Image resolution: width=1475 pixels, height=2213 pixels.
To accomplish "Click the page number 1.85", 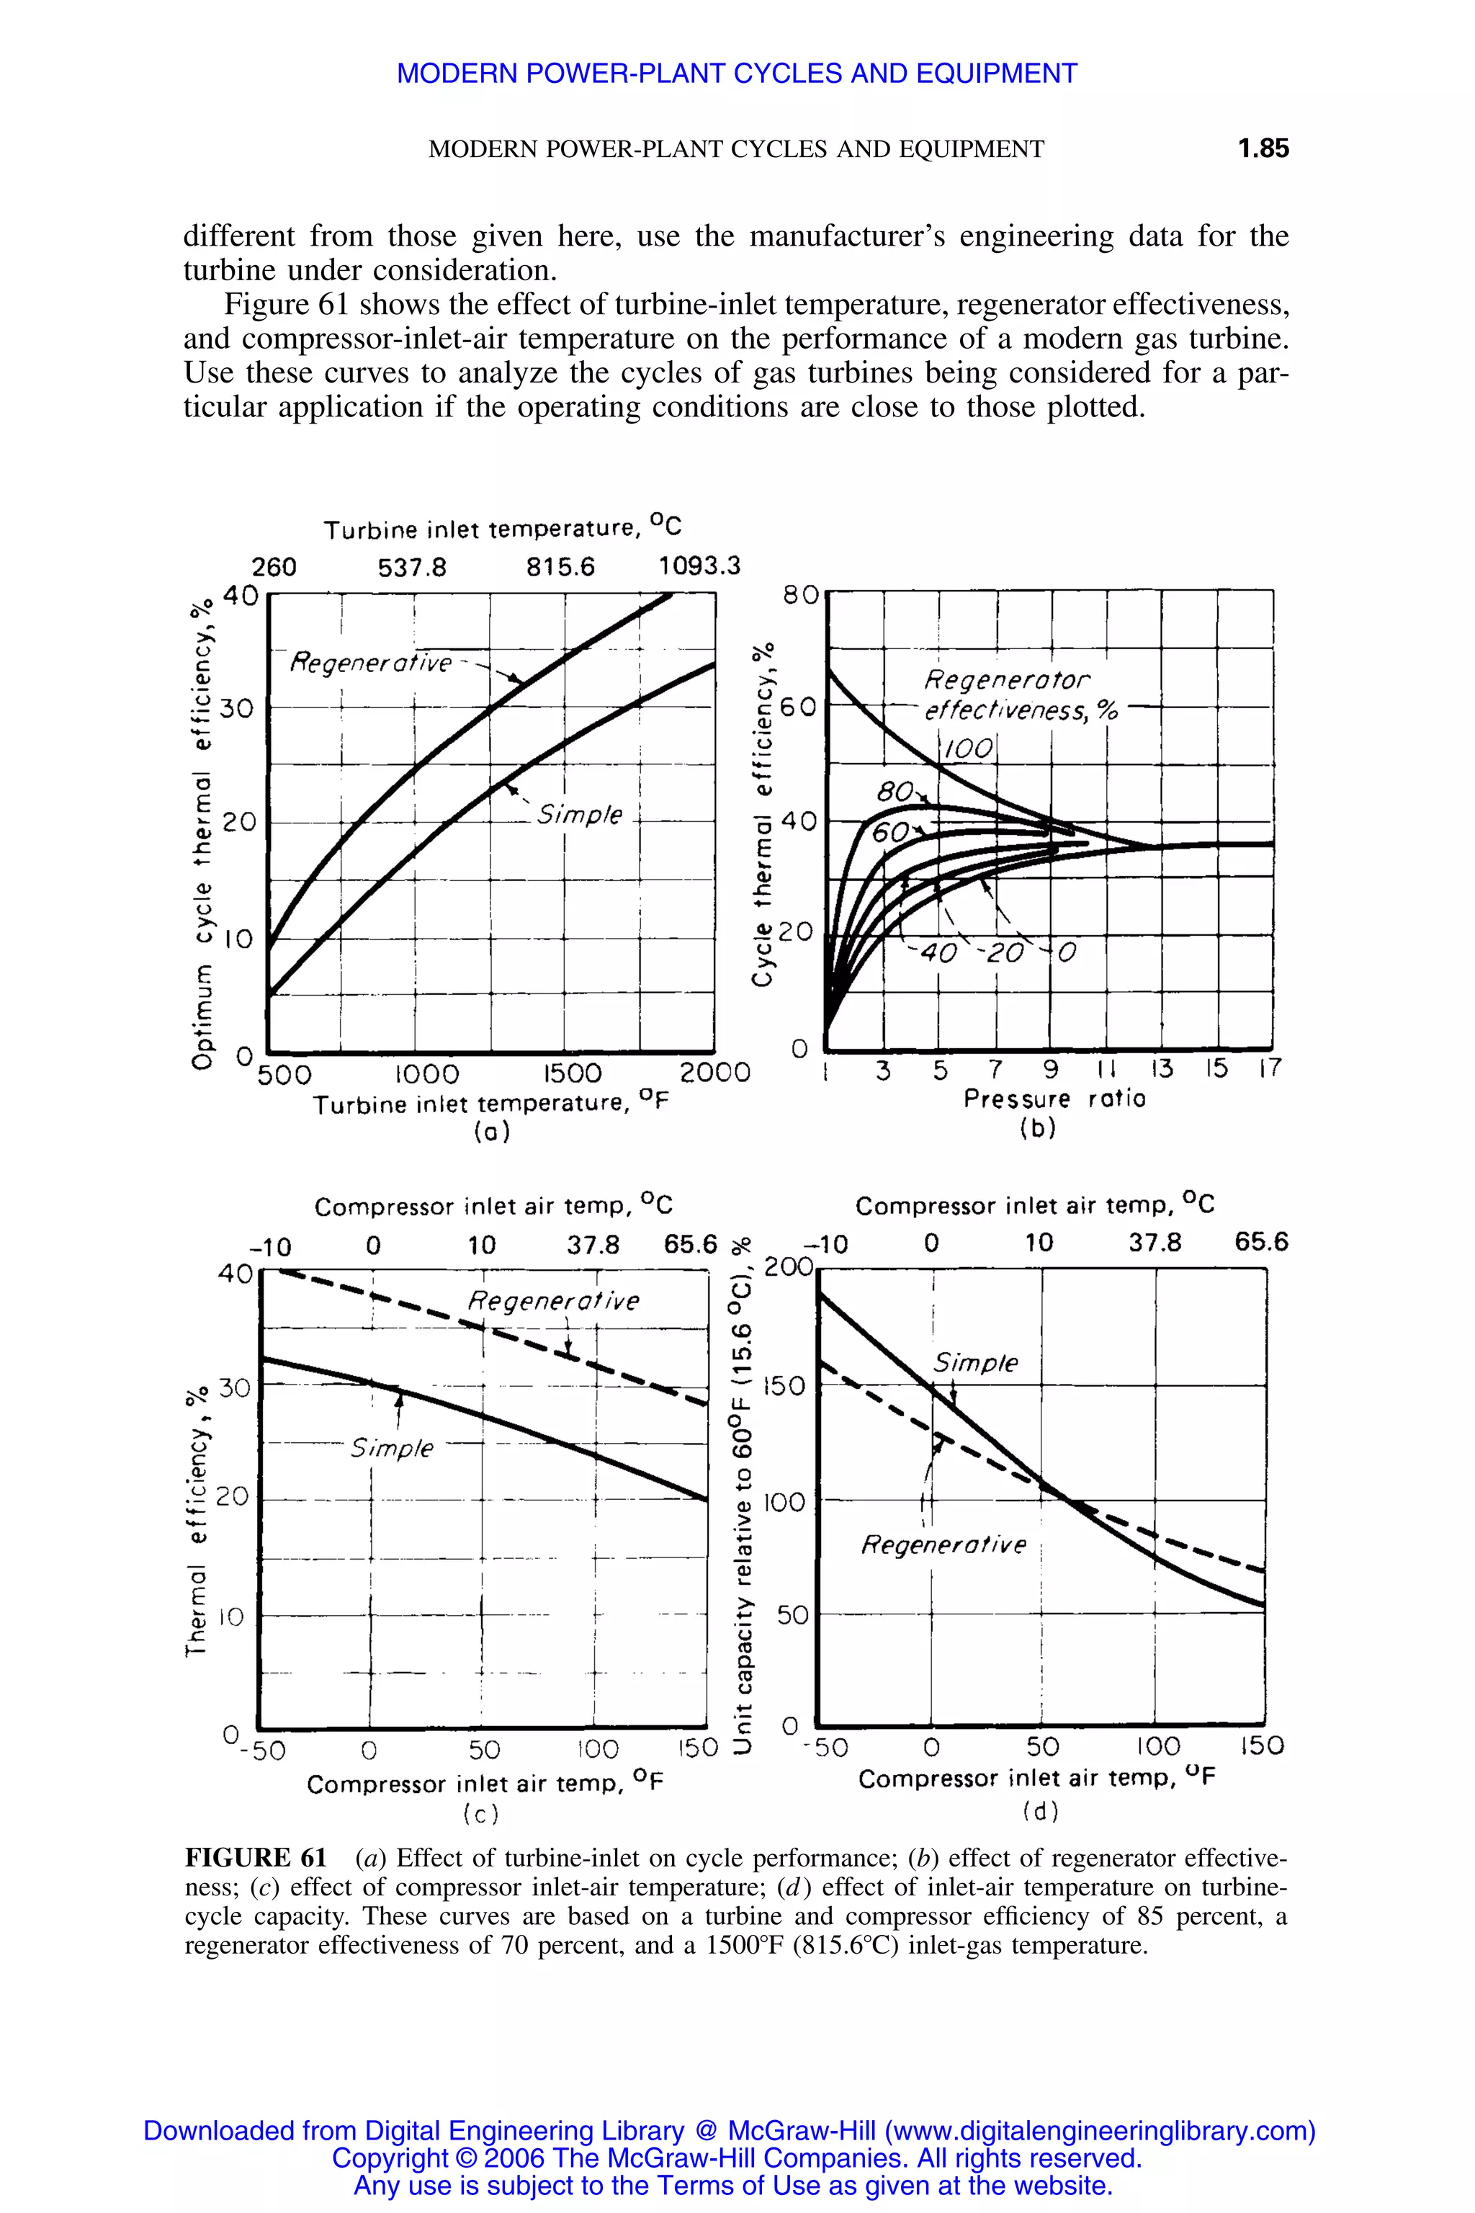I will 1263,148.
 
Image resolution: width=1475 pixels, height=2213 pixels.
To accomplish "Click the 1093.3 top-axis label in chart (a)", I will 699,565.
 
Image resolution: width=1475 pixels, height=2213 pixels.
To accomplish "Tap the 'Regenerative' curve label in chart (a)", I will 371,663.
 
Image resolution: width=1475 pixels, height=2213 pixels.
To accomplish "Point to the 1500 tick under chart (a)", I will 572,1073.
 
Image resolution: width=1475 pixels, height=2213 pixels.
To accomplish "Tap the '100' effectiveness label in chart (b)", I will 967,749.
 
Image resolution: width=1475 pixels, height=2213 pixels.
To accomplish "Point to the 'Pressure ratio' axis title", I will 1054,1099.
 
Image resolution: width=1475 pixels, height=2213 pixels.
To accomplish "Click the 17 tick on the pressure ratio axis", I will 1270,1069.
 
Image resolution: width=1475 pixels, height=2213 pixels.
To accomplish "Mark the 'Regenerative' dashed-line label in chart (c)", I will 553,1301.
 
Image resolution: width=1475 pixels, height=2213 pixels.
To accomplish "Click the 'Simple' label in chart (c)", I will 391,1448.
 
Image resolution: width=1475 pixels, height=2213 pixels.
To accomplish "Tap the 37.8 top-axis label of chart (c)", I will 593,1245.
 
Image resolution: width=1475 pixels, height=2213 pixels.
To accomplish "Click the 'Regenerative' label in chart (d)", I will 943,1545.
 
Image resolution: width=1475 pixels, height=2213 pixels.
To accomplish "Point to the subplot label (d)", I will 1039,1810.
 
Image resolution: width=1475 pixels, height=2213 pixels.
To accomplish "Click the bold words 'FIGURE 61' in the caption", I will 255,1859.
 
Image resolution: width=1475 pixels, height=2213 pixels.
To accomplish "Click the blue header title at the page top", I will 737,73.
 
